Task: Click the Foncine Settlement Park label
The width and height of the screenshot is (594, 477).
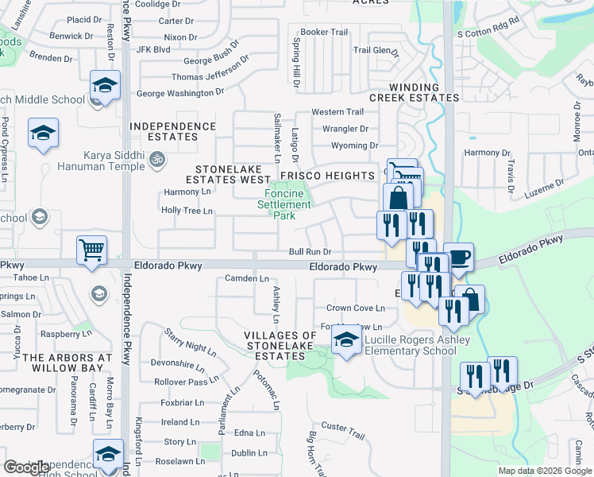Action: [284, 204]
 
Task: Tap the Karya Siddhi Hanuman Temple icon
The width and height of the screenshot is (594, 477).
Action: [157, 161]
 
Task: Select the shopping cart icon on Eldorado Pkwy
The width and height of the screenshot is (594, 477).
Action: [91, 250]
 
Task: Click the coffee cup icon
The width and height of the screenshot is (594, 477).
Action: [458, 258]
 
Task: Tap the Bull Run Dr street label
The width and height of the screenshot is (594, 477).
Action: [309, 252]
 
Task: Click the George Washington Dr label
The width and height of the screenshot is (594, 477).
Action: [180, 93]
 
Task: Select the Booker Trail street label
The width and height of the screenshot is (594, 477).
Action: [324, 32]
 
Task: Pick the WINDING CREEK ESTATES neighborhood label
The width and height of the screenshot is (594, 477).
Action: [424, 92]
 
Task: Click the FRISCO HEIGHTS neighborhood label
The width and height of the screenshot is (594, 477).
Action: [337, 175]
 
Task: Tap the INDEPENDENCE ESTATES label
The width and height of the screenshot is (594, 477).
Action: [173, 131]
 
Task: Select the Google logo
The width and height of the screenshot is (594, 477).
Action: [26, 467]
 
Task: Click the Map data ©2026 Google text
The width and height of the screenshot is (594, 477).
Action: [546, 471]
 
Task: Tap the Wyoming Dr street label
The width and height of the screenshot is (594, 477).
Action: [355, 145]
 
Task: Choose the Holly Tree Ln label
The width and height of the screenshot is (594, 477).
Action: [187, 211]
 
